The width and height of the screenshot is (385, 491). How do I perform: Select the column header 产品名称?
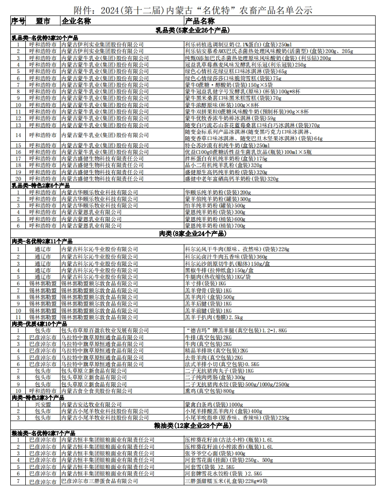[x=200, y=21]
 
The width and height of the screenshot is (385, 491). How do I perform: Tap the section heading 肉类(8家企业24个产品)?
[x=192, y=233]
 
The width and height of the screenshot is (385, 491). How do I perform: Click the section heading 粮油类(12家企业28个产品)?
[x=192, y=426]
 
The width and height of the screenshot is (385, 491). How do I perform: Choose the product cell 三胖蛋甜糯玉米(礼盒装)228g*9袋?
[x=226, y=481]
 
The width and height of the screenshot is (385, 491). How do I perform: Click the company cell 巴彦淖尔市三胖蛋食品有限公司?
[x=100, y=481]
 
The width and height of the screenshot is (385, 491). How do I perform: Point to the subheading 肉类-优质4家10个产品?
[x=39, y=324]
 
